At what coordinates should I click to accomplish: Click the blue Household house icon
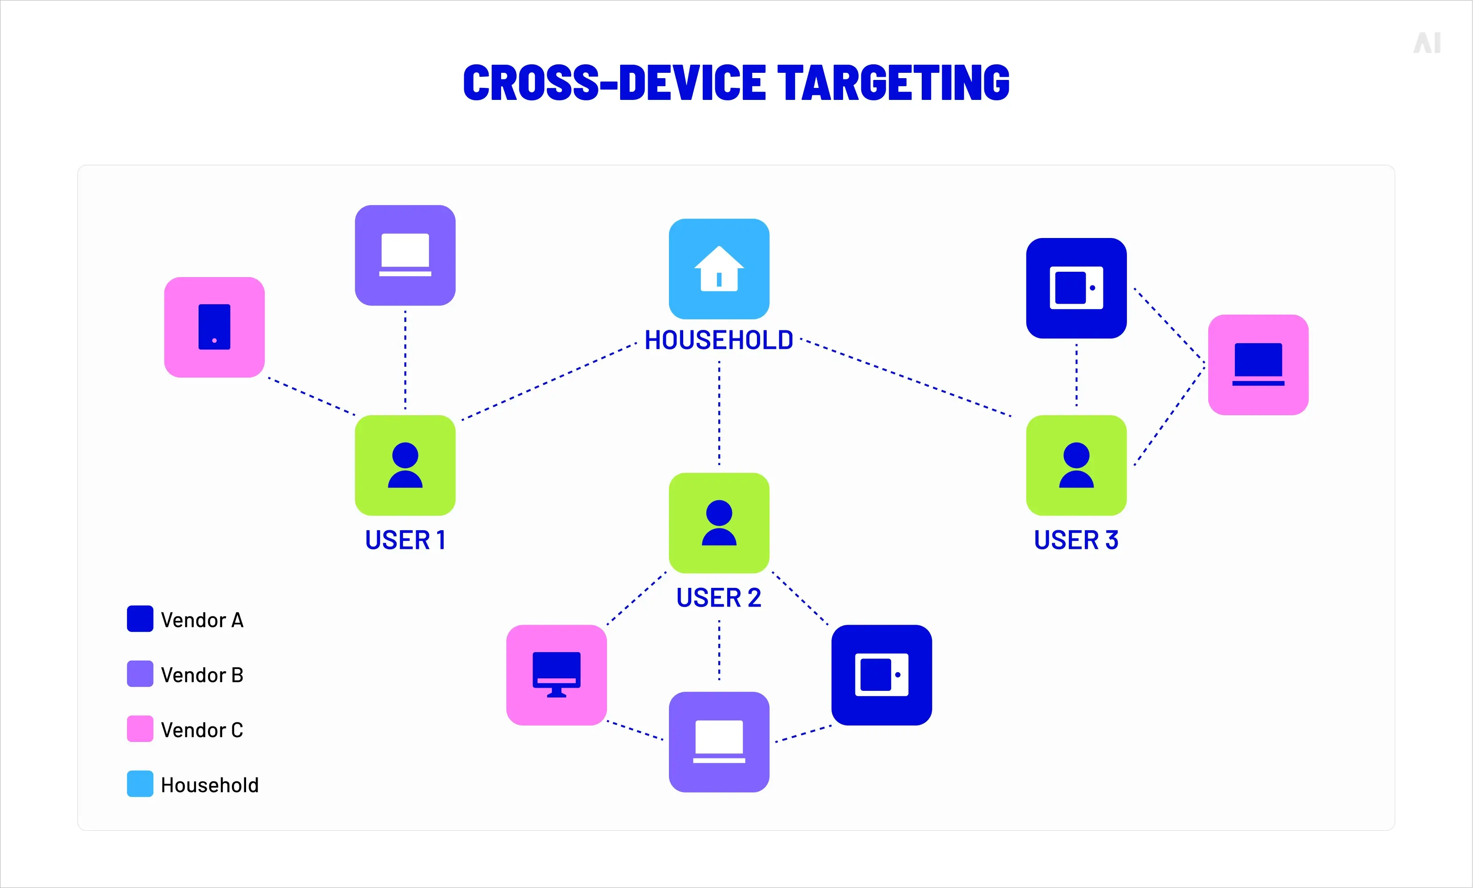[719, 269]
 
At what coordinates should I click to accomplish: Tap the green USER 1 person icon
[405, 465]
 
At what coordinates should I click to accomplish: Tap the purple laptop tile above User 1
[405, 255]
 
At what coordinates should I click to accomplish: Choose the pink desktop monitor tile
[556, 675]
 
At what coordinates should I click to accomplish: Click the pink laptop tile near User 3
[1258, 365]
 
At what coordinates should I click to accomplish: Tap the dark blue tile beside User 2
[881, 675]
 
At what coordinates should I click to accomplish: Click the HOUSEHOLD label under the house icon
[719, 340]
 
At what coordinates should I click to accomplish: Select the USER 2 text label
[719, 598]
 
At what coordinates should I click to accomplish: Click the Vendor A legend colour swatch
[140, 618]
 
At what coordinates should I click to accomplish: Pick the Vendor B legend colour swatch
[140, 674]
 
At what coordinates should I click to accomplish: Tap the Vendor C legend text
[202, 729]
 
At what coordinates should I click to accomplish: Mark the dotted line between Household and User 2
[719, 412]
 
